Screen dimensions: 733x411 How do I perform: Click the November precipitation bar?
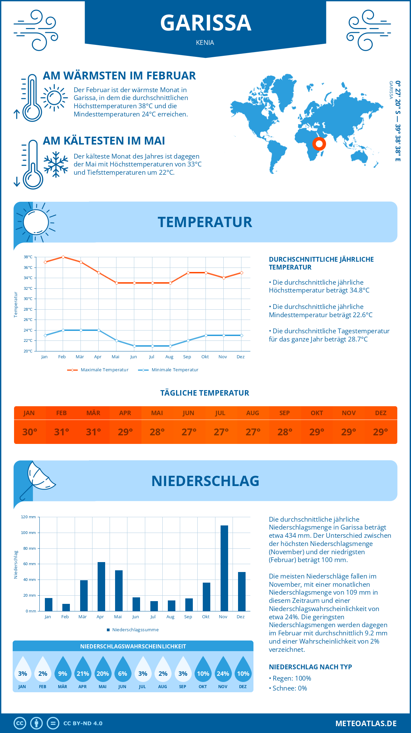pos(224,568)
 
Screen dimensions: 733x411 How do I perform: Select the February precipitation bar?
pos(66,607)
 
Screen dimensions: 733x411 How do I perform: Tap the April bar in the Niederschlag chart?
pos(101,586)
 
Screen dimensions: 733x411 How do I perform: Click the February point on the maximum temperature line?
pos(63,257)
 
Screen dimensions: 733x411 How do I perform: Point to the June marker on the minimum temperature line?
pos(134,346)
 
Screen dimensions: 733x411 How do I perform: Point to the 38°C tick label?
pos(28,257)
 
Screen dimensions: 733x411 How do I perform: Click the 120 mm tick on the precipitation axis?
pos(28,517)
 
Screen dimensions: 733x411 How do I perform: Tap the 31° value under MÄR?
pos(93,432)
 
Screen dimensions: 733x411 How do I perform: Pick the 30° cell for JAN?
pos(29,432)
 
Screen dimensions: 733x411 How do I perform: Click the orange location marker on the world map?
pos(319,144)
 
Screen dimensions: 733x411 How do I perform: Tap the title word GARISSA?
pos(206,23)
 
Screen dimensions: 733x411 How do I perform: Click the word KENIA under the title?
pos(205,42)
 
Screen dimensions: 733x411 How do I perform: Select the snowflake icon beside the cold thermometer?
pos(56,164)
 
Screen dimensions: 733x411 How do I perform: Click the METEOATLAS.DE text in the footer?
pos(366,723)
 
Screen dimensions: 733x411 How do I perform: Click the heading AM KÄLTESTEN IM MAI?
pos(104,141)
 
